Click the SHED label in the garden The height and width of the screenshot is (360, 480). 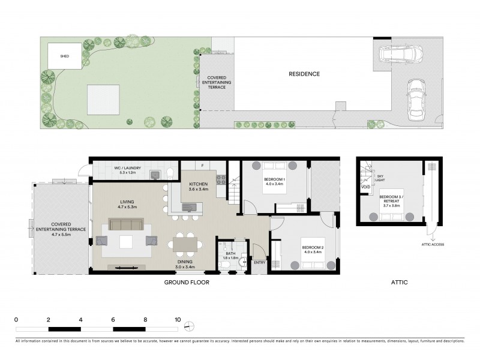[x=64, y=56]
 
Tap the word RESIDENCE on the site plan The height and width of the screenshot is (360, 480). [x=304, y=74]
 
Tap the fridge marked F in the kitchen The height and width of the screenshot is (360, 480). [x=203, y=165]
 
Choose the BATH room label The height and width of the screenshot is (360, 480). [x=230, y=254]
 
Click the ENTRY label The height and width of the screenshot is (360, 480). [x=260, y=262]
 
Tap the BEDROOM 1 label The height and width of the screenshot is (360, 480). [x=277, y=181]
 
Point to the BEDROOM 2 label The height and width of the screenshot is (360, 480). [x=312, y=248]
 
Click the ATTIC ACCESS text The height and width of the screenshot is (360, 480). [x=430, y=245]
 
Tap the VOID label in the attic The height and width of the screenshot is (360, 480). [x=365, y=187]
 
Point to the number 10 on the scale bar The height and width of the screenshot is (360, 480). [x=178, y=320]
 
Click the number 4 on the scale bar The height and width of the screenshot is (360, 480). [x=80, y=320]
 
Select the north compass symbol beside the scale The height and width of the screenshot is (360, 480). [x=190, y=326]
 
